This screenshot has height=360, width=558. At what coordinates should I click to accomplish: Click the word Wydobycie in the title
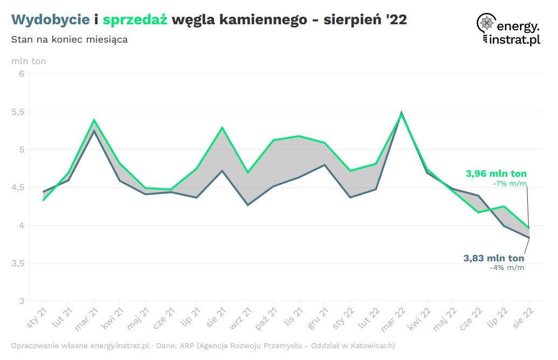(x=50, y=20)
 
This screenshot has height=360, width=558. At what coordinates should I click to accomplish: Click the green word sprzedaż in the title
(x=135, y=20)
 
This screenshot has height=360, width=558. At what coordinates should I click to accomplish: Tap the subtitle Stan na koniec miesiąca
(x=69, y=40)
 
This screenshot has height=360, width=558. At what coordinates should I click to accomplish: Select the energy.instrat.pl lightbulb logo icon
(x=486, y=26)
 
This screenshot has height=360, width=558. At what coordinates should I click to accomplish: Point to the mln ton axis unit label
(x=29, y=61)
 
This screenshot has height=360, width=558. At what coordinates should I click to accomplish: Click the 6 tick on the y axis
(x=22, y=74)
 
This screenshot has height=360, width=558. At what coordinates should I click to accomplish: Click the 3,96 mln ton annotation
(x=496, y=174)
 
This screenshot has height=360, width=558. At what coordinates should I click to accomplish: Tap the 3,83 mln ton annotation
(x=493, y=258)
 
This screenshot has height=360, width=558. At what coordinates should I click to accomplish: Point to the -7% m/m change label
(x=509, y=184)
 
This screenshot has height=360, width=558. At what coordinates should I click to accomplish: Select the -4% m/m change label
(x=506, y=267)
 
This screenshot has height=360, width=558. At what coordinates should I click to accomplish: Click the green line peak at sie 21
(x=222, y=128)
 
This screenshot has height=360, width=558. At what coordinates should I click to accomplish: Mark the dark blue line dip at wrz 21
(x=247, y=205)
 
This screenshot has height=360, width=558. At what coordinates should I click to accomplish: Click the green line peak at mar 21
(x=94, y=120)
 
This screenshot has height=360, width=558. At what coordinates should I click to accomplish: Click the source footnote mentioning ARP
(x=203, y=345)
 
